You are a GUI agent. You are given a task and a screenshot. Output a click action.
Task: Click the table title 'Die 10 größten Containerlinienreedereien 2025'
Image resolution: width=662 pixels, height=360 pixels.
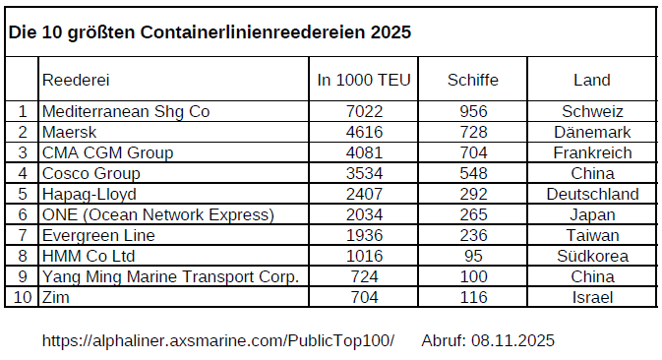pyautogui.click(x=210, y=32)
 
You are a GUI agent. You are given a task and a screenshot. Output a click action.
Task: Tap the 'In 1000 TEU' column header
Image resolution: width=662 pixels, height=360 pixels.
pyautogui.click(x=364, y=80)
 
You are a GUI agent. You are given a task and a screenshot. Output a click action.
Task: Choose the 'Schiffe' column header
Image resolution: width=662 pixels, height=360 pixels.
pyautogui.click(x=472, y=80)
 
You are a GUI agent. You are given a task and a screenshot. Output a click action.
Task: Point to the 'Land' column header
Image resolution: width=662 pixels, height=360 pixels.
pyautogui.click(x=591, y=80)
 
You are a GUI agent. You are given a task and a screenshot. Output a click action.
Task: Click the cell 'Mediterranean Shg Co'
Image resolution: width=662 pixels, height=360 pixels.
pyautogui.click(x=126, y=111)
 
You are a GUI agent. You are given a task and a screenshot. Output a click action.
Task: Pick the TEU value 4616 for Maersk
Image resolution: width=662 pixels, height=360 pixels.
pyautogui.click(x=364, y=132)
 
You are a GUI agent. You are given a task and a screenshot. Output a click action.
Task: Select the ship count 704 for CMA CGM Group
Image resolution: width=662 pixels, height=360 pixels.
pyautogui.click(x=472, y=152)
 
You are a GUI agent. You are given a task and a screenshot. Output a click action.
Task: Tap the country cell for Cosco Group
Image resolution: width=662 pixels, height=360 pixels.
pyautogui.click(x=592, y=173)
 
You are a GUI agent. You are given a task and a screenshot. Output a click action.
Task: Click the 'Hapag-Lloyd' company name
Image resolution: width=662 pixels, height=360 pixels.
pyautogui.click(x=89, y=194)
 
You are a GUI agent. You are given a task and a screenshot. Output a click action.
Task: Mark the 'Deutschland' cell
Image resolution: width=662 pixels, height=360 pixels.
pyautogui.click(x=592, y=194)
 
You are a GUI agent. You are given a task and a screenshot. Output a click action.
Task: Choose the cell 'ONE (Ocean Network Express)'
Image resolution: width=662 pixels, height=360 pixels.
pyautogui.click(x=157, y=214)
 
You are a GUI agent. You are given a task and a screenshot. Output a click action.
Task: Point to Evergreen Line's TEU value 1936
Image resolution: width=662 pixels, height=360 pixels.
pyautogui.click(x=364, y=235)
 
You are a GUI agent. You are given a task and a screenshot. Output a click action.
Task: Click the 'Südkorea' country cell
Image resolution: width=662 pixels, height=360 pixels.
pyautogui.click(x=592, y=256)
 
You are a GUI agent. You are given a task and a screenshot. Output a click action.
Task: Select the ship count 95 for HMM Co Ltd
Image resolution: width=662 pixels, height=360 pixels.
pyautogui.click(x=472, y=256)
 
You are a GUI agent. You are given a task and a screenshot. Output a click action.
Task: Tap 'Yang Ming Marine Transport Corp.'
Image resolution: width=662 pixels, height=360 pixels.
pyautogui.click(x=170, y=276)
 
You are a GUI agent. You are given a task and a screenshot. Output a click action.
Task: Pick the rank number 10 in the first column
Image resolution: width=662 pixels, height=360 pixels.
pyautogui.click(x=22, y=297)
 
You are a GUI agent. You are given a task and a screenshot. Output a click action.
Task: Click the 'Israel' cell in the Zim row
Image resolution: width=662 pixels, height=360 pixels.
pyautogui.click(x=592, y=297)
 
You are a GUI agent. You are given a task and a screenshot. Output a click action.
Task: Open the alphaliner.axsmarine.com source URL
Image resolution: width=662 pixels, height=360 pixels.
pyautogui.click(x=217, y=340)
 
